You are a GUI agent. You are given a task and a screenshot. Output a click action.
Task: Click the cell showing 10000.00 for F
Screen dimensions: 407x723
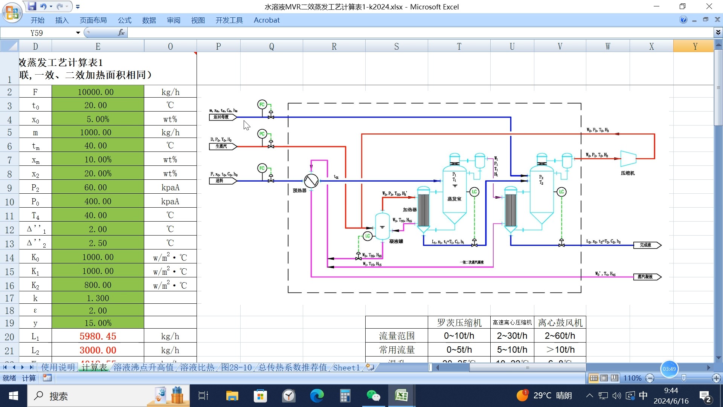pyautogui.click(x=98, y=92)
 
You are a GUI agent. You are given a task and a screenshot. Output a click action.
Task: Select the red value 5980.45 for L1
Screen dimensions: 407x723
pyautogui.click(x=98, y=336)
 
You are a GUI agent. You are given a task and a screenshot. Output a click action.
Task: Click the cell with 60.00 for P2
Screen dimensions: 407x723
pyautogui.click(x=98, y=187)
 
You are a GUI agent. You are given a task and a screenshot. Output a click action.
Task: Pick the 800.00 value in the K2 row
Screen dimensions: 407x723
pyautogui.click(x=98, y=285)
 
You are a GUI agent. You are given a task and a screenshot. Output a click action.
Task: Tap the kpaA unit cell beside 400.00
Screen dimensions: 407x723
pyautogui.click(x=170, y=201)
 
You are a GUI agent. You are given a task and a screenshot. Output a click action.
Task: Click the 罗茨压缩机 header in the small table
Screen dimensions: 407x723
pyautogui.click(x=459, y=323)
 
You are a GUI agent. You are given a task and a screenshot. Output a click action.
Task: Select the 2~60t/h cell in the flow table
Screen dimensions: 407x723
pyautogui.click(x=560, y=335)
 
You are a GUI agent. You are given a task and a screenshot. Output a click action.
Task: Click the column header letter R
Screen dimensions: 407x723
pyautogui.click(x=334, y=46)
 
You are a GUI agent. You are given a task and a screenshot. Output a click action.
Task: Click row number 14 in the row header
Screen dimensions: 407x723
pyautogui.click(x=9, y=258)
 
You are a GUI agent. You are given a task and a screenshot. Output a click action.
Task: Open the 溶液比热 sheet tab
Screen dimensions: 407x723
pyautogui.click(x=197, y=367)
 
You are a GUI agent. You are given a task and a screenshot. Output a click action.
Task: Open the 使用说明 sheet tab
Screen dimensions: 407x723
pyautogui.click(x=58, y=367)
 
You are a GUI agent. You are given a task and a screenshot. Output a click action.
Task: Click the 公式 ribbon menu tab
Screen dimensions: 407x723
pyautogui.click(x=124, y=20)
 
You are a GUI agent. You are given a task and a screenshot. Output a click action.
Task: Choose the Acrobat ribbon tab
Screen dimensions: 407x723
pyautogui.click(x=266, y=20)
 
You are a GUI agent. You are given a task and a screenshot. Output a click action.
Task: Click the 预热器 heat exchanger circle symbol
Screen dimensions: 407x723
pyautogui.click(x=311, y=181)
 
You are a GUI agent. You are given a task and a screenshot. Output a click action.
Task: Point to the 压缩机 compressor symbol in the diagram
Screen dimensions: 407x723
pyautogui.click(x=628, y=159)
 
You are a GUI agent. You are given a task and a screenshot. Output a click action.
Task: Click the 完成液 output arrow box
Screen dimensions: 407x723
pyautogui.click(x=647, y=245)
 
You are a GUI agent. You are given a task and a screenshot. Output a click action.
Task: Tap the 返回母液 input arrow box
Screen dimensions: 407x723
pyautogui.click(x=222, y=117)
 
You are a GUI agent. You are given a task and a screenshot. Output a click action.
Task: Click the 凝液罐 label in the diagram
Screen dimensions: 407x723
pyautogui.click(x=396, y=241)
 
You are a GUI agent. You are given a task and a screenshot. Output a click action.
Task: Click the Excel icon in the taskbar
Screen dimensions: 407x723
pyautogui.click(x=401, y=396)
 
